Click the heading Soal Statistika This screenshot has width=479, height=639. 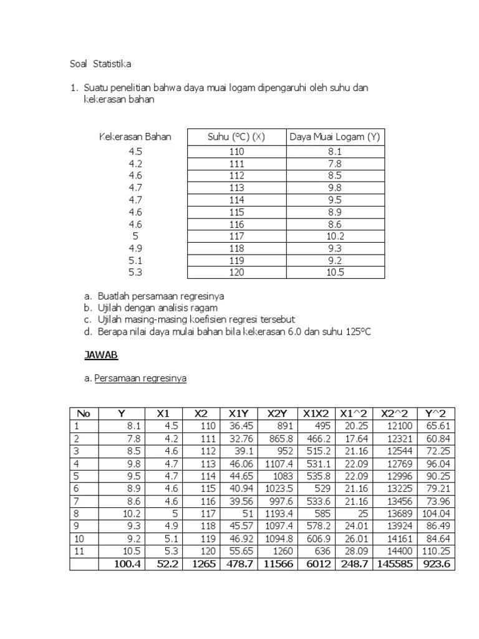click(x=100, y=64)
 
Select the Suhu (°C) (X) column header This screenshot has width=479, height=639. click(x=236, y=137)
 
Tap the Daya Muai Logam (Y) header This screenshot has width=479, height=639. click(x=335, y=137)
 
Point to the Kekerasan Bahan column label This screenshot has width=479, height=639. click(x=135, y=137)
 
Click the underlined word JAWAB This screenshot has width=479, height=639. click(x=101, y=355)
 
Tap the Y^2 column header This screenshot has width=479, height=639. click(x=435, y=413)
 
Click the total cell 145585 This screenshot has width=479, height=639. click(x=393, y=564)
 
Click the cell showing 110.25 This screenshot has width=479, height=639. click(x=437, y=551)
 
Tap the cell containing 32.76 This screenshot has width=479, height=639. click(x=241, y=438)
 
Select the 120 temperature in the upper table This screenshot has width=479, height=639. click(x=236, y=272)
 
